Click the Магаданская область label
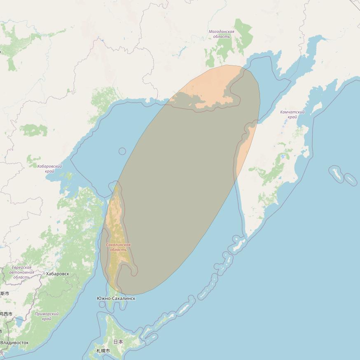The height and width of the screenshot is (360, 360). [221, 34]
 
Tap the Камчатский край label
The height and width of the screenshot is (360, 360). [292, 114]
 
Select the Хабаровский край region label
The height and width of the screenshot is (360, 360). [49, 168]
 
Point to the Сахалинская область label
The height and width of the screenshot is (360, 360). [118, 247]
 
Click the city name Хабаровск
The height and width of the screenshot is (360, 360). [58, 274]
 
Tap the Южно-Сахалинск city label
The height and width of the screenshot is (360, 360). [116, 298]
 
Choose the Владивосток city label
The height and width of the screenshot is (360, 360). [14, 343]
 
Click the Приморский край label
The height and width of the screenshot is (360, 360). [47, 316]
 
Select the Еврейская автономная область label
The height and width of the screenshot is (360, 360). [21, 272]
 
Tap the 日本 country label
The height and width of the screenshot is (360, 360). [118, 341]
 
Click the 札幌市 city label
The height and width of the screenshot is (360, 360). [103, 351]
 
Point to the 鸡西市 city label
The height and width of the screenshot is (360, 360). [6, 314]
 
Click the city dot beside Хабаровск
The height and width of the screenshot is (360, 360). [44, 274]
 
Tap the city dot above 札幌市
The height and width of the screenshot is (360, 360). [103, 346]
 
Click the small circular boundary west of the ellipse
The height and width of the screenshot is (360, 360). [122, 151]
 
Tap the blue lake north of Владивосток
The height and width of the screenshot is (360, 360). [19, 322]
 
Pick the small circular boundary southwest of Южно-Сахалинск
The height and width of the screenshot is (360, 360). [102, 305]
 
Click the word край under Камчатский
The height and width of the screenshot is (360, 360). [292, 117]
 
